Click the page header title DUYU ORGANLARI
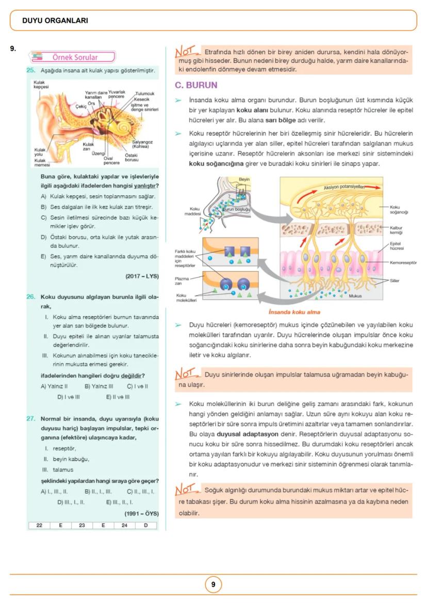point(55,21)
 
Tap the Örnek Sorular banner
point(75,57)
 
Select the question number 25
point(30,70)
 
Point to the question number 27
point(30,418)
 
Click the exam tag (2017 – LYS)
point(142,276)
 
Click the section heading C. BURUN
point(196,85)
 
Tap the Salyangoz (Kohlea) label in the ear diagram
point(143,144)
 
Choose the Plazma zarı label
point(182,281)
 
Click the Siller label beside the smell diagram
point(396,281)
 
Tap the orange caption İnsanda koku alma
point(294,312)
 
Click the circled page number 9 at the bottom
point(213,585)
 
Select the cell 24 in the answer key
point(124,525)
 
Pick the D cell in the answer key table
point(146,525)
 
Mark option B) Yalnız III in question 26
point(98,386)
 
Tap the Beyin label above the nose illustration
point(244,179)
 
